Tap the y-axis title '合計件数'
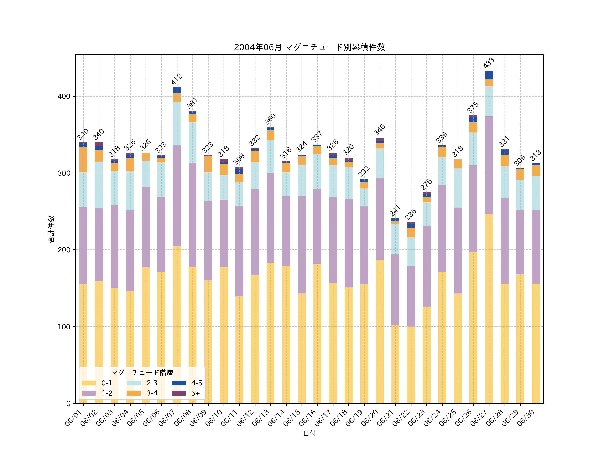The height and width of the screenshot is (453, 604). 51,229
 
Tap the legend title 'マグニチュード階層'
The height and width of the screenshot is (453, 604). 142,373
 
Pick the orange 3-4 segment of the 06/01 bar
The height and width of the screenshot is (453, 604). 83,160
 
